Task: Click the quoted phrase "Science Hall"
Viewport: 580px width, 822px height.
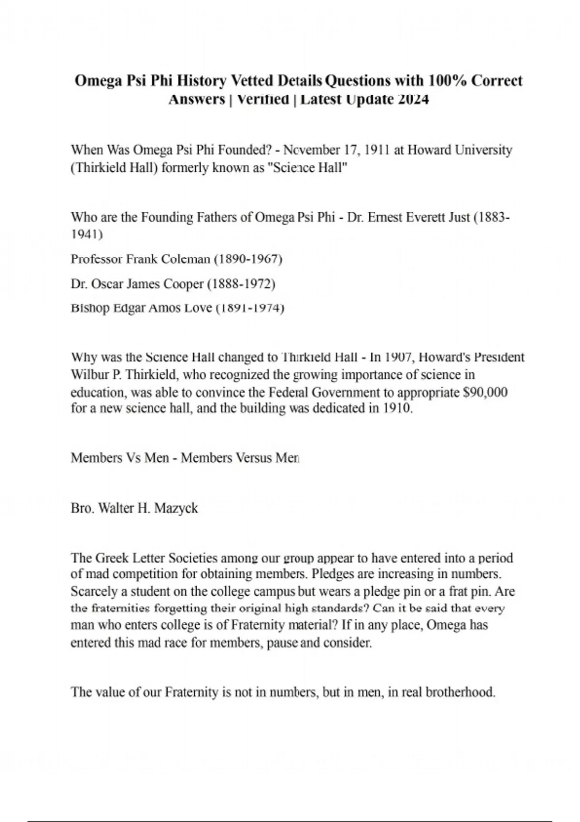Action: [x=307, y=169]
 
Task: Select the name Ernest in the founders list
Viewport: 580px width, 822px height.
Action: [x=386, y=218]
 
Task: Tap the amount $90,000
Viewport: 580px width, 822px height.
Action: [x=485, y=392]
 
